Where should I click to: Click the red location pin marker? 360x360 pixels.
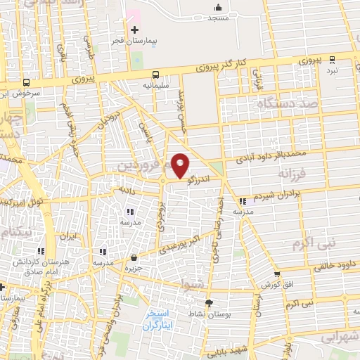(181, 165)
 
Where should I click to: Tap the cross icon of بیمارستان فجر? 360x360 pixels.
(134, 30)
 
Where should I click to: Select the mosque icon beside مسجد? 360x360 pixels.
(217, 8)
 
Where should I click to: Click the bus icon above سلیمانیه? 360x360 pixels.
(155, 75)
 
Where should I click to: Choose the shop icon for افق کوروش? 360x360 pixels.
(276, 275)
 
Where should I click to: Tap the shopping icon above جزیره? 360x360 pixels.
(134, 259)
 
